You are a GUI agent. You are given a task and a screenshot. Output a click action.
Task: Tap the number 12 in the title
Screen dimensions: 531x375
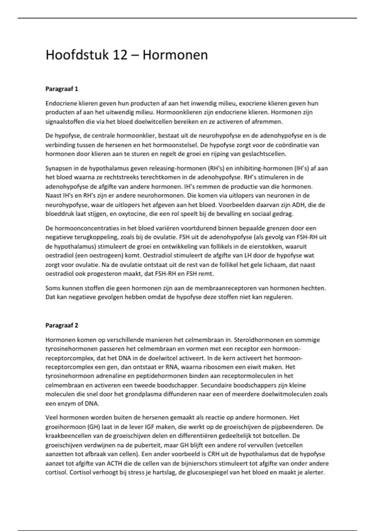click(x=120, y=55)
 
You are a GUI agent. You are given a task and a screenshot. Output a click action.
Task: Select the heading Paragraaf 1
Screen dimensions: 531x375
click(x=62, y=89)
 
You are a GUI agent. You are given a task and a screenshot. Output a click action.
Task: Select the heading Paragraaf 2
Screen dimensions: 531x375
click(x=62, y=325)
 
